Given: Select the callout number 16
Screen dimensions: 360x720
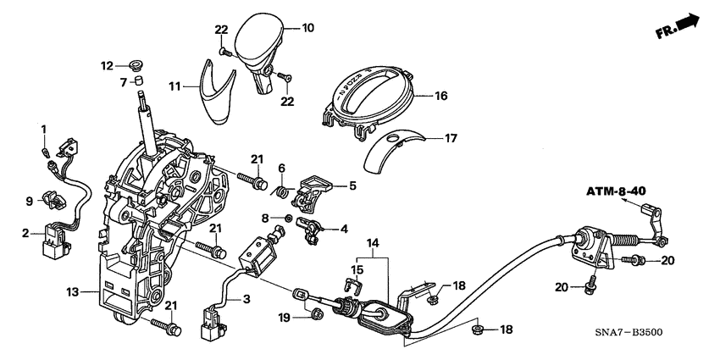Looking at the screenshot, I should (440, 97).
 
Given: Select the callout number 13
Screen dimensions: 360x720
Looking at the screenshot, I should (74, 292).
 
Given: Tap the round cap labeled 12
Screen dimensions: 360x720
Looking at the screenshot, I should (133, 65).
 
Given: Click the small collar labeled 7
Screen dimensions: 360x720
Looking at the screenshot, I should (141, 81).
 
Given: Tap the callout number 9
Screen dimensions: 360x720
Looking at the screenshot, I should (29, 201).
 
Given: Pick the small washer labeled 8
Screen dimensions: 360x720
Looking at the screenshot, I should (290, 219).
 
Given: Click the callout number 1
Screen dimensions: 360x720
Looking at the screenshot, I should (43, 127).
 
